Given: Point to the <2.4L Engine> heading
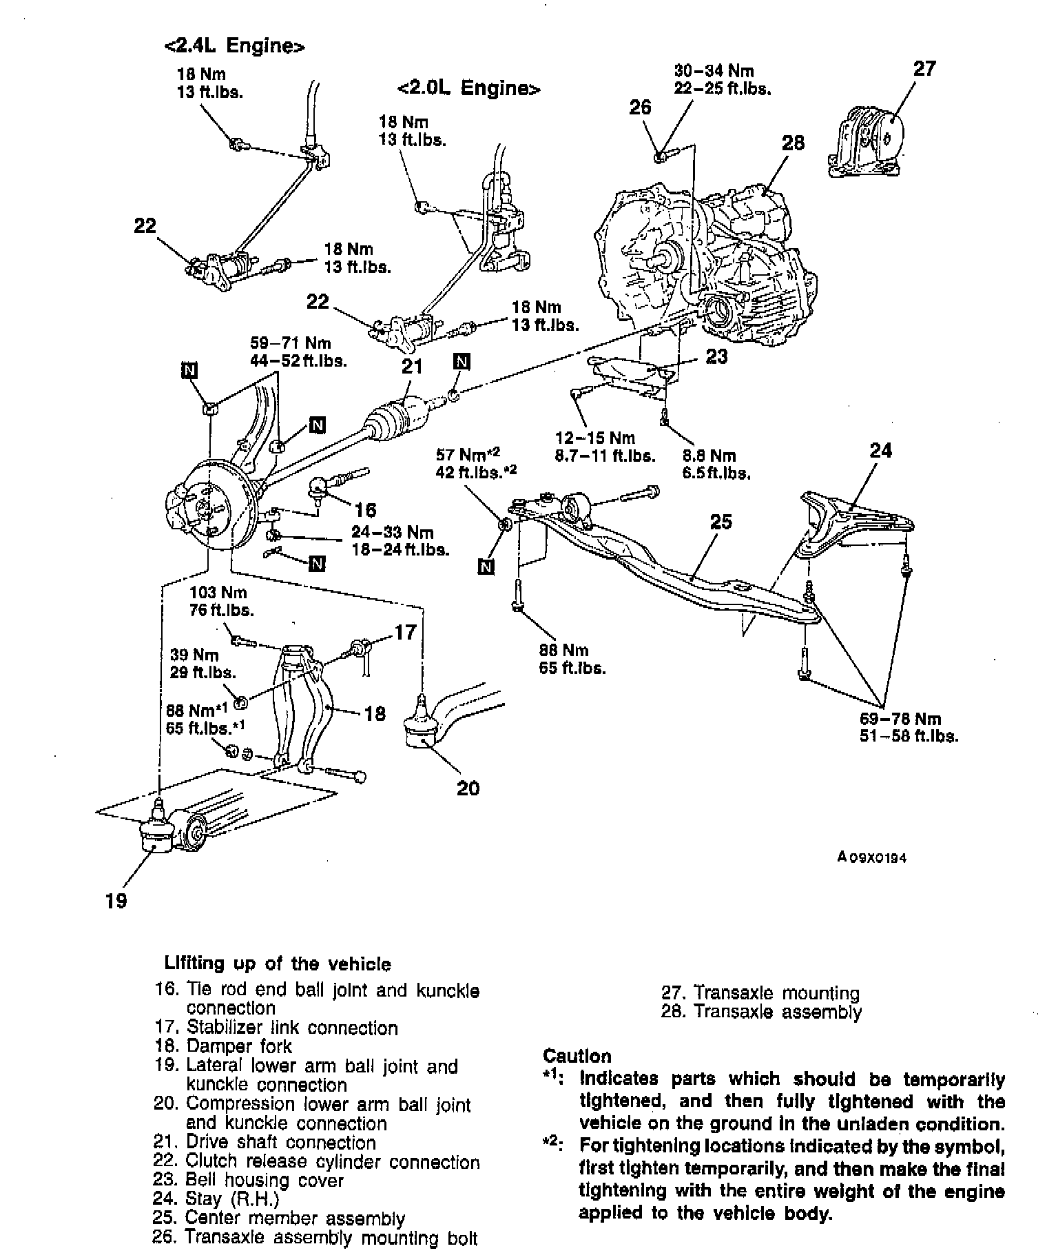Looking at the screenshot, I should click(234, 46).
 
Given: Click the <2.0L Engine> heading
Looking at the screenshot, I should click(468, 89).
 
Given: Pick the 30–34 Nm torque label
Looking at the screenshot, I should click(714, 71).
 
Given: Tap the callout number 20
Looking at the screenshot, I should click(468, 787).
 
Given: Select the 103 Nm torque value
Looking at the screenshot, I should click(218, 592).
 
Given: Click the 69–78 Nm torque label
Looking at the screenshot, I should click(900, 719).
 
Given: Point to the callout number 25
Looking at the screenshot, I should click(721, 522).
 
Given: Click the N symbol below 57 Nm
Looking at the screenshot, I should click(486, 567).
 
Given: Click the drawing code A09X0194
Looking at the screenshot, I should click(871, 858).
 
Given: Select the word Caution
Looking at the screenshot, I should click(577, 1057).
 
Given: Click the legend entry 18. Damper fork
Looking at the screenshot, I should click(223, 1046).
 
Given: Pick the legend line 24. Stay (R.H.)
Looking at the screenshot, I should click(217, 1199).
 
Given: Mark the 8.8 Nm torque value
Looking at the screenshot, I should click(709, 456).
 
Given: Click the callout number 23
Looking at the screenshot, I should click(716, 356).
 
